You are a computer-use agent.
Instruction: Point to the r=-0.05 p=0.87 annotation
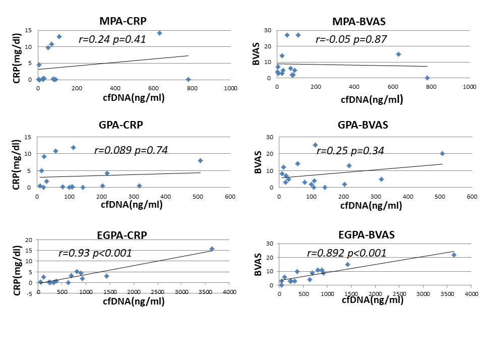[x=351, y=39]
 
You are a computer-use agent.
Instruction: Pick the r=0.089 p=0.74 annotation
[x=131, y=150]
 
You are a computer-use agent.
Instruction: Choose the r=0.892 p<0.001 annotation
[x=346, y=253]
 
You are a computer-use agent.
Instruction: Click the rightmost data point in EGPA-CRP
[x=212, y=249]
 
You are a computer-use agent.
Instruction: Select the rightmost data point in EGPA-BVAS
[x=454, y=255]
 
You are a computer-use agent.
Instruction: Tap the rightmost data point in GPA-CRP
[x=200, y=160]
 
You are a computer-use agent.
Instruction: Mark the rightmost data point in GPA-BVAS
[x=442, y=153]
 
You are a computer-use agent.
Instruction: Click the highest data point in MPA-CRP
[x=159, y=33]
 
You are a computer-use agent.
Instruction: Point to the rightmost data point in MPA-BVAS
[x=427, y=78]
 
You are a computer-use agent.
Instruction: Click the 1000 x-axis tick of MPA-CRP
[x=230, y=88]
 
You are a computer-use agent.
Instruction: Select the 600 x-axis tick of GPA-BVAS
[x=471, y=197]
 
